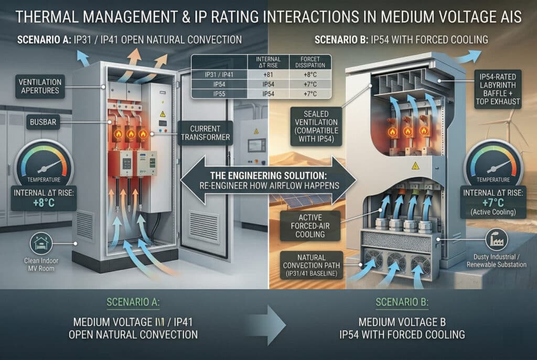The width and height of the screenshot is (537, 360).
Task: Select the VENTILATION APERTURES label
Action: [x=40, y=87]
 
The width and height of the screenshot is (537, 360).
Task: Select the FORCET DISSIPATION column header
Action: [x=312, y=62]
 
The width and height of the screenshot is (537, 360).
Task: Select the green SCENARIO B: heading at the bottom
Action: [x=403, y=302]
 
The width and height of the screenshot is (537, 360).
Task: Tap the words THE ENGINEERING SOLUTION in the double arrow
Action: [x=267, y=176]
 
